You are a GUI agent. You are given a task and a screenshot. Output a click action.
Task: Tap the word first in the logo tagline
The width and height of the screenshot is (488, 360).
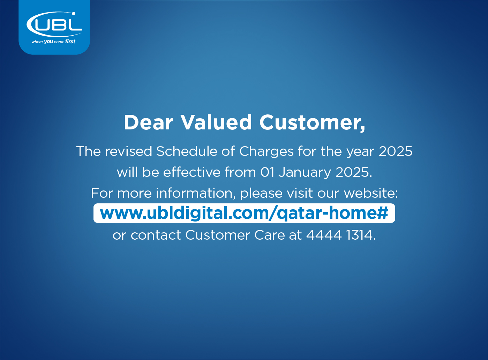tap(70, 42)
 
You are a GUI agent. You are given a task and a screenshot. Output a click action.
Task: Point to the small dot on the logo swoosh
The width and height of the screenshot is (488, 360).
tap(74, 14)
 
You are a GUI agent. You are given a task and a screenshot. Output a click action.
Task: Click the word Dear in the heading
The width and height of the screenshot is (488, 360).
tap(148, 122)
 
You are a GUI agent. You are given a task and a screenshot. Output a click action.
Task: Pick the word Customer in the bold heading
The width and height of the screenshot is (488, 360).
tap(310, 123)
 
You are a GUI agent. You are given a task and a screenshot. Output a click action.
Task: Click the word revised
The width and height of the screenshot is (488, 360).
tap(128, 151)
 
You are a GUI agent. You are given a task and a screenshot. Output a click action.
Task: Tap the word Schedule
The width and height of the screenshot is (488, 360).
tap(187, 151)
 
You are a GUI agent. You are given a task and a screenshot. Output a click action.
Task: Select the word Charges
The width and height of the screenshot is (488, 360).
tap(266, 152)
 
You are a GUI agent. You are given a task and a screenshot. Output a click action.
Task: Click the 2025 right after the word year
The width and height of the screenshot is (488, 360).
tap(396, 151)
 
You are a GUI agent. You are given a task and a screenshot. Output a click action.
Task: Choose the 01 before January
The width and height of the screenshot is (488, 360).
tap(267, 172)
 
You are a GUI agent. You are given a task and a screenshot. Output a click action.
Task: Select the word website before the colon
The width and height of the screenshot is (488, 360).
tap(369, 193)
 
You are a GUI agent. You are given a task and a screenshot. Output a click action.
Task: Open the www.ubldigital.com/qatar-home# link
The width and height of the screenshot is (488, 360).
tap(244, 213)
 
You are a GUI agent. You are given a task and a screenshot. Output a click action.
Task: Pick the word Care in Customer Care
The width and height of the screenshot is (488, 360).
tap(270, 235)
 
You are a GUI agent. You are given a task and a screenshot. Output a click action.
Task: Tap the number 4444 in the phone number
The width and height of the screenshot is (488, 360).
tap(324, 235)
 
